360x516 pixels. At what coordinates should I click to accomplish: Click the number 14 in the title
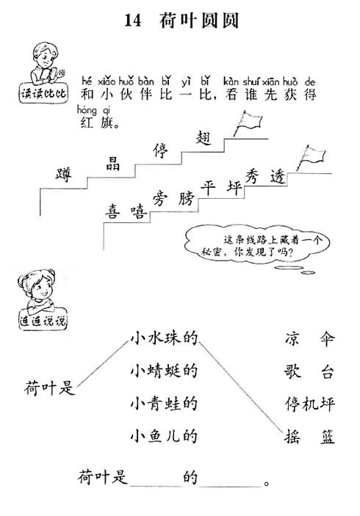133,21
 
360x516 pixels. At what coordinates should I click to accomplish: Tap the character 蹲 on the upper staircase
64,174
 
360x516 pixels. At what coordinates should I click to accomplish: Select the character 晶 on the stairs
112,163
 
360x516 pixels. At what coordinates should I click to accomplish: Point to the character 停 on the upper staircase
160,150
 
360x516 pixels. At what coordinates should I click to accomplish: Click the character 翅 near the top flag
203,137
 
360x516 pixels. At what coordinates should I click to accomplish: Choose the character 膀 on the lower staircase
187,198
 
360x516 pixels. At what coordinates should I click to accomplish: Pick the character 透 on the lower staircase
277,178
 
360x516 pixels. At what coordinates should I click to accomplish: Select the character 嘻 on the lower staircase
138,211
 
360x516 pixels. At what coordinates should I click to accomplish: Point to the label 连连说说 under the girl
43,320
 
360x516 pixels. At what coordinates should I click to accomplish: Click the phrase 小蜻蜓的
164,371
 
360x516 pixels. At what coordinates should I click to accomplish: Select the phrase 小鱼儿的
164,436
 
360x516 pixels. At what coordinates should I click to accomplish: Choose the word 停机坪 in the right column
310,404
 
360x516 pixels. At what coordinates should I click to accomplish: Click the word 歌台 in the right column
309,371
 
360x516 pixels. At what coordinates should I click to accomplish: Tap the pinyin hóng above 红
87,109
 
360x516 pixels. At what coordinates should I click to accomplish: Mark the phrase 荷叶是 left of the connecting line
50,388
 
